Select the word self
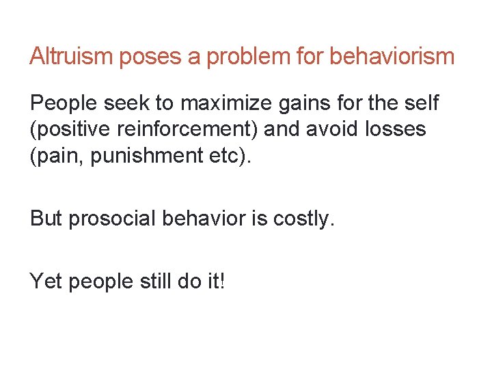(424, 104)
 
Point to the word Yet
(46, 279)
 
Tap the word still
(153, 279)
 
